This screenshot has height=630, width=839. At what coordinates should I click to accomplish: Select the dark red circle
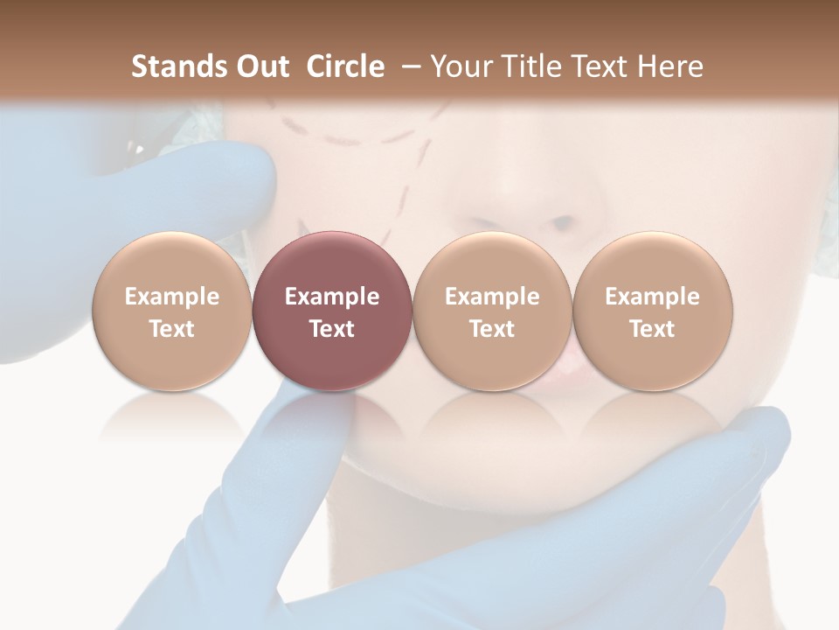(x=332, y=310)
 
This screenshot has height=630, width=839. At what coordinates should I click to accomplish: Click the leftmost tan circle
(x=172, y=310)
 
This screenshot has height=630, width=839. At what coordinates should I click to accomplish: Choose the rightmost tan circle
(x=653, y=310)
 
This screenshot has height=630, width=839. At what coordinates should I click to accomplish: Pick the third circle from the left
(x=492, y=310)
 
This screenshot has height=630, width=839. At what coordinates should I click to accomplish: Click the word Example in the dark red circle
(x=332, y=297)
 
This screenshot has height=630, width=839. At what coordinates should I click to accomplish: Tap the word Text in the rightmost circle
(x=653, y=328)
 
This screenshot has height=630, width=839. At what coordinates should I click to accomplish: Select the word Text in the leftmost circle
(x=172, y=328)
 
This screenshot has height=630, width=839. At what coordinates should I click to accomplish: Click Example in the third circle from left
(x=492, y=297)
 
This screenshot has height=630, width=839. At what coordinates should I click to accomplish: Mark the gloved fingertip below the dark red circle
(x=315, y=411)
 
